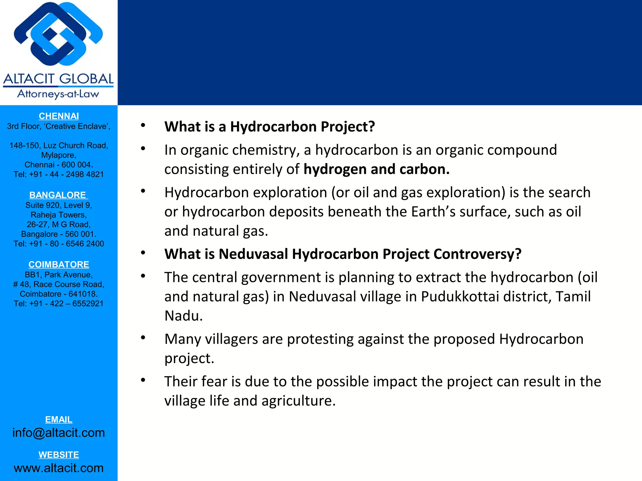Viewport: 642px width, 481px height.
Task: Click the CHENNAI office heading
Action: tap(59, 116)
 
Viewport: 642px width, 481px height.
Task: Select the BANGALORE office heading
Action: tap(58, 195)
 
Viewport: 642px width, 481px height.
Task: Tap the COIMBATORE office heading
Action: tap(59, 265)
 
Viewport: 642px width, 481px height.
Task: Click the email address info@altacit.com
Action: tap(59, 433)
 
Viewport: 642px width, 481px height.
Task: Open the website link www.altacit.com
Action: tap(59, 468)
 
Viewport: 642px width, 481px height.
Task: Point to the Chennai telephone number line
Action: tap(59, 174)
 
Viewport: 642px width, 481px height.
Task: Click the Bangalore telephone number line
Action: tap(59, 244)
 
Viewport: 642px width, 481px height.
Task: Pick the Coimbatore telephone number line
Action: tap(59, 304)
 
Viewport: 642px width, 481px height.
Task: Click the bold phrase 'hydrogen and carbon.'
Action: tap(376, 169)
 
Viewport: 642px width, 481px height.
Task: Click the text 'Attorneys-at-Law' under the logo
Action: tap(58, 94)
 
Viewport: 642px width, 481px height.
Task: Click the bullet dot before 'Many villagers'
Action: tap(143, 338)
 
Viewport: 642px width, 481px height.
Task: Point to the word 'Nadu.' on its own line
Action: tap(184, 316)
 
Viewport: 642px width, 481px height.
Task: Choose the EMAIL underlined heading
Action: tap(59, 420)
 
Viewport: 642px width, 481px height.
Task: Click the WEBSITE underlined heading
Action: tap(59, 455)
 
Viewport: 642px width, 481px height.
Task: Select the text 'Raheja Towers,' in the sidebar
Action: tap(59, 215)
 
